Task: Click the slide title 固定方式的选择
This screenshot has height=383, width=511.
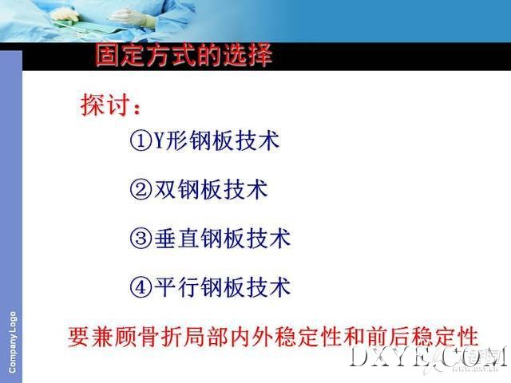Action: click(184, 55)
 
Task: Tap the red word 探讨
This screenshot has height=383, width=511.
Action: click(105, 105)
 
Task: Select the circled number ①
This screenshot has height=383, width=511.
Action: click(141, 140)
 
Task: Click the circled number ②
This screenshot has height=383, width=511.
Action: click(141, 190)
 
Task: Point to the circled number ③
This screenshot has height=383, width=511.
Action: click(141, 238)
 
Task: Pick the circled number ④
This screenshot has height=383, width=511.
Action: click(141, 287)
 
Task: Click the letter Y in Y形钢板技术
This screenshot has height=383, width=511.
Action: click(159, 140)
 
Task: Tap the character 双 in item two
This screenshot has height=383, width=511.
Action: click(165, 189)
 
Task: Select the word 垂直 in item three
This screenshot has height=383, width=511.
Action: click(176, 238)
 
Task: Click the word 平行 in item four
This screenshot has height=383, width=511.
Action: click(176, 287)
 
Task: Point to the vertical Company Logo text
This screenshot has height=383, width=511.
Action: click(12, 342)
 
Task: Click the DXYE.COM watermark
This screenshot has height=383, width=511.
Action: click(428, 357)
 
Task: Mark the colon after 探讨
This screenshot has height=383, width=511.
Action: click(137, 109)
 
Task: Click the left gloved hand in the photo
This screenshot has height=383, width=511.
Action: click(65, 14)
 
